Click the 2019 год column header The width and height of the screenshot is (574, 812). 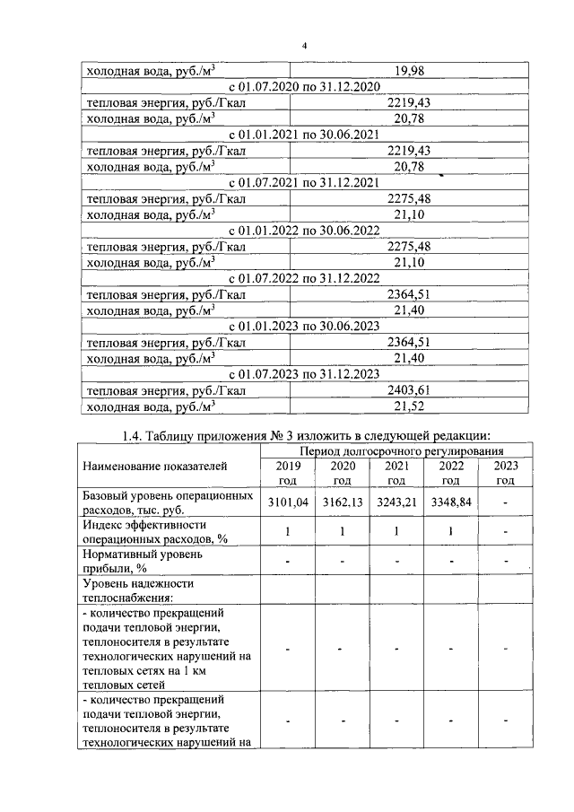pyautogui.click(x=289, y=474)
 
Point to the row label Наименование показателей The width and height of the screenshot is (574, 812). pyautogui.click(x=154, y=466)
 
